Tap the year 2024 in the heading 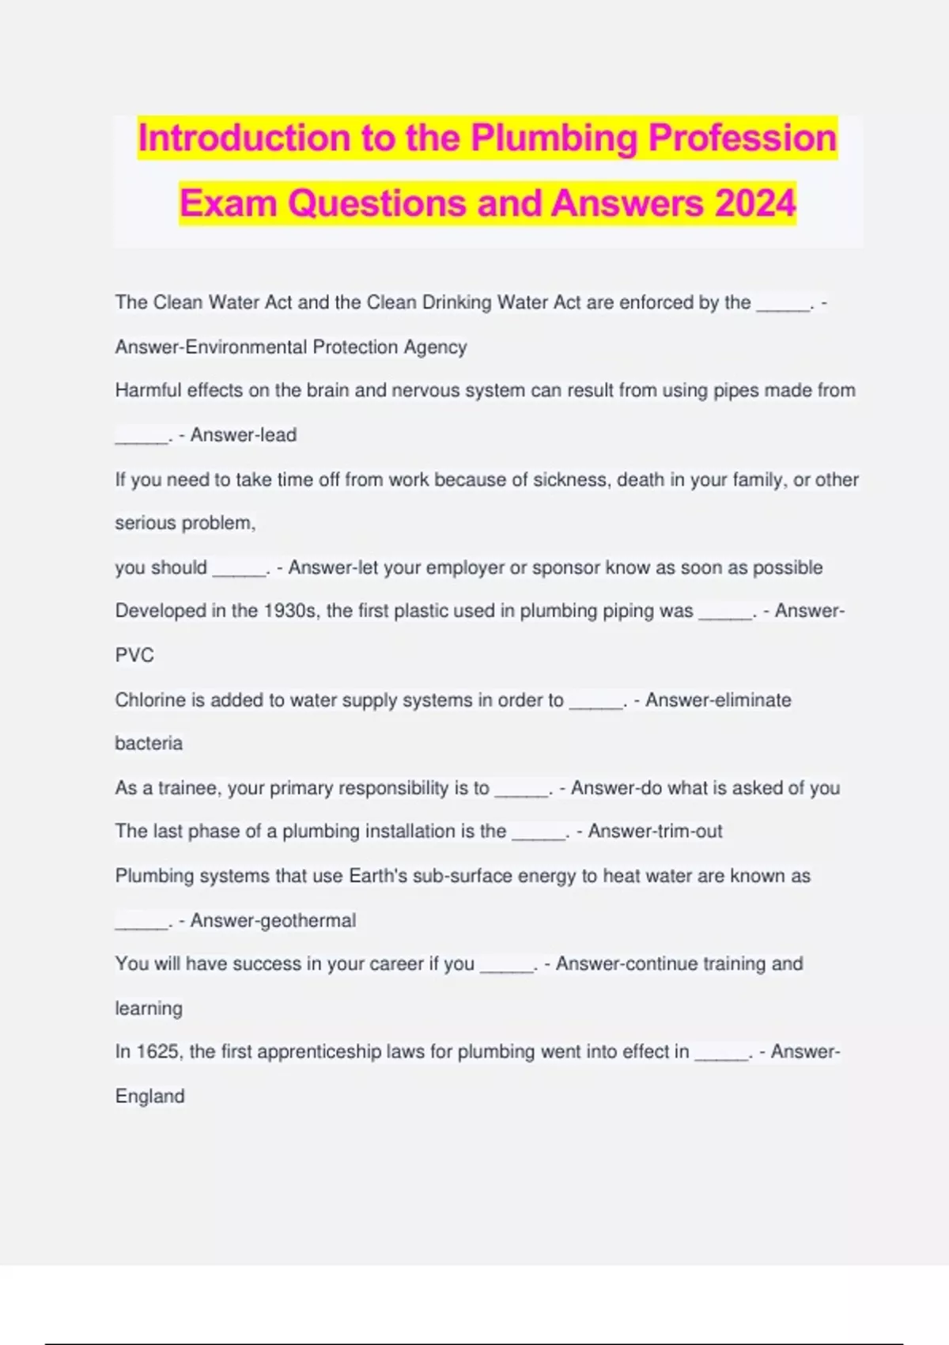click(x=754, y=203)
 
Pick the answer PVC click(x=134, y=655)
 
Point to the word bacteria click(x=149, y=744)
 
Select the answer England click(x=149, y=1097)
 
